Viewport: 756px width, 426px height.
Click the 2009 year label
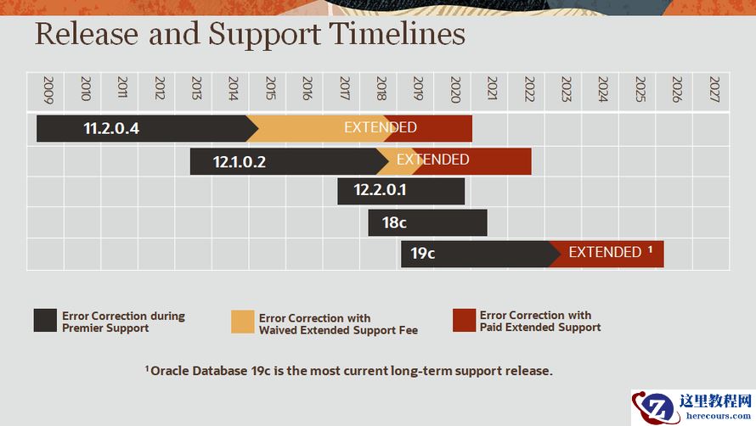point(48,89)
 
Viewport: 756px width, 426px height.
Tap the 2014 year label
point(233,89)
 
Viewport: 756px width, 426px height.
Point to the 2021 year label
point(492,89)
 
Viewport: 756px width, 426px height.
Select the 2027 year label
point(714,89)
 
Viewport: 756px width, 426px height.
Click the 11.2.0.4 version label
point(110,129)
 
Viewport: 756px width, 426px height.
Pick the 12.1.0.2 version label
point(240,161)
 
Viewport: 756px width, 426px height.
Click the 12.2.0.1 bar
point(401,191)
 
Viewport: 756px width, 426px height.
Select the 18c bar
point(427,223)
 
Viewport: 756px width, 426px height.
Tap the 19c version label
point(422,253)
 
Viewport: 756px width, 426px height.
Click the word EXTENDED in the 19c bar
point(605,252)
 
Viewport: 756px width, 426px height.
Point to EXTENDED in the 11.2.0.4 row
point(380,128)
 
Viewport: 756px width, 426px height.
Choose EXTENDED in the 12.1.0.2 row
point(432,160)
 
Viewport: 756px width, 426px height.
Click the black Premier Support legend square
point(45,321)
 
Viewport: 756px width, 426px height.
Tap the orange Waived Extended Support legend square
point(243,322)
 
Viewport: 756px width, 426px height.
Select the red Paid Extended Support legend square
point(464,320)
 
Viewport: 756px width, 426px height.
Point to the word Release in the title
point(86,35)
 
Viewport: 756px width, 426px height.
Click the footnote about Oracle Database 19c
point(349,371)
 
